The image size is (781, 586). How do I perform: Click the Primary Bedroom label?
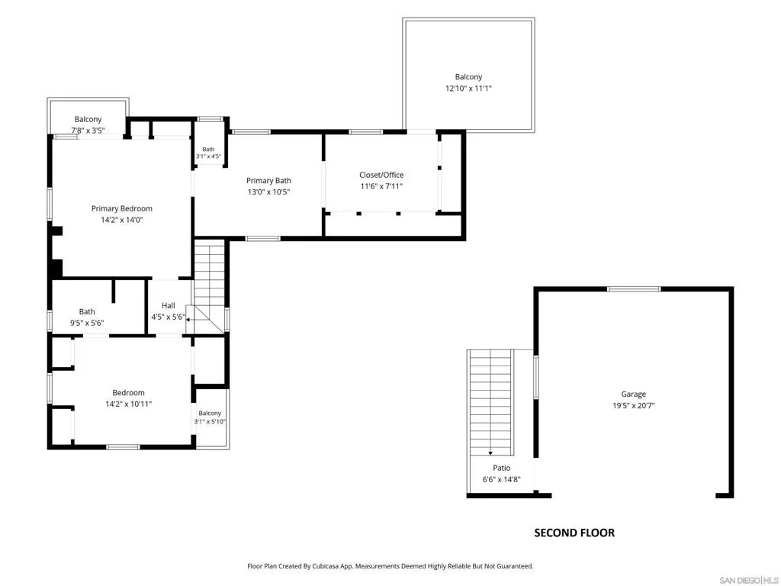click(121, 208)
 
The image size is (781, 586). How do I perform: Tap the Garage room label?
click(633, 394)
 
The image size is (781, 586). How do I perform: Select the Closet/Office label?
click(381, 175)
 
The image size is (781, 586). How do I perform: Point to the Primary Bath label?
click(268, 180)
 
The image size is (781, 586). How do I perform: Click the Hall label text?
click(169, 305)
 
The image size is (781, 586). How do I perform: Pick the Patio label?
click(502, 468)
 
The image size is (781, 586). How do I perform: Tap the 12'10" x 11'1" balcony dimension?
click(468, 89)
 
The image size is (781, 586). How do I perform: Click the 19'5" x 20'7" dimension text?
click(633, 406)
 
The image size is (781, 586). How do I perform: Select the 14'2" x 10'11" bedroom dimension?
click(128, 404)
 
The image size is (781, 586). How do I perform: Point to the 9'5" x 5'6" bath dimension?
click(87, 323)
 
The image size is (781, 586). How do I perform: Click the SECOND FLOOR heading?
click(574, 533)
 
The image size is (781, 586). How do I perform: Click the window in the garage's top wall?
click(634, 289)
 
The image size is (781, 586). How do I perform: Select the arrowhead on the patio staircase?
click(490, 453)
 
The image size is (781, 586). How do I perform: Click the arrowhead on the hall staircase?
click(188, 320)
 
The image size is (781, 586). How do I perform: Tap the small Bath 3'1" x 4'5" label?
click(208, 153)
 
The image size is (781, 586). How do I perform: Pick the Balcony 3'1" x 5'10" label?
click(210, 417)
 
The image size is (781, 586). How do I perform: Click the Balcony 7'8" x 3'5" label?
click(88, 124)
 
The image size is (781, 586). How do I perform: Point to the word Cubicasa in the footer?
click(326, 566)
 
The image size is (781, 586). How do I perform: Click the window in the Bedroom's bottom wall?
click(123, 447)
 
